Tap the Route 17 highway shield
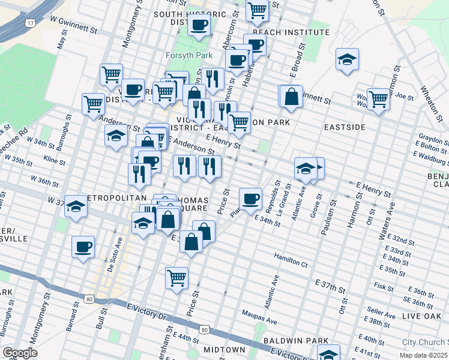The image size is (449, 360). pyautogui.click(x=30, y=23)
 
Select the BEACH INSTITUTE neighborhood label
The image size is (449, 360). pyautogui.click(x=291, y=32)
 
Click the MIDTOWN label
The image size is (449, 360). pyautogui.click(x=224, y=350)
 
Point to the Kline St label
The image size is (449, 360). pyautogui.click(x=55, y=159)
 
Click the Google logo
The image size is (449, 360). pyautogui.click(x=20, y=353)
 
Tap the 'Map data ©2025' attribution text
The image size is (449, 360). pyautogui.click(x=425, y=355)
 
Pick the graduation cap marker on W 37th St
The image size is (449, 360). pyautogui.click(x=76, y=206)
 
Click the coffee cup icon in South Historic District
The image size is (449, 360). pyautogui.click(x=199, y=25)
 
